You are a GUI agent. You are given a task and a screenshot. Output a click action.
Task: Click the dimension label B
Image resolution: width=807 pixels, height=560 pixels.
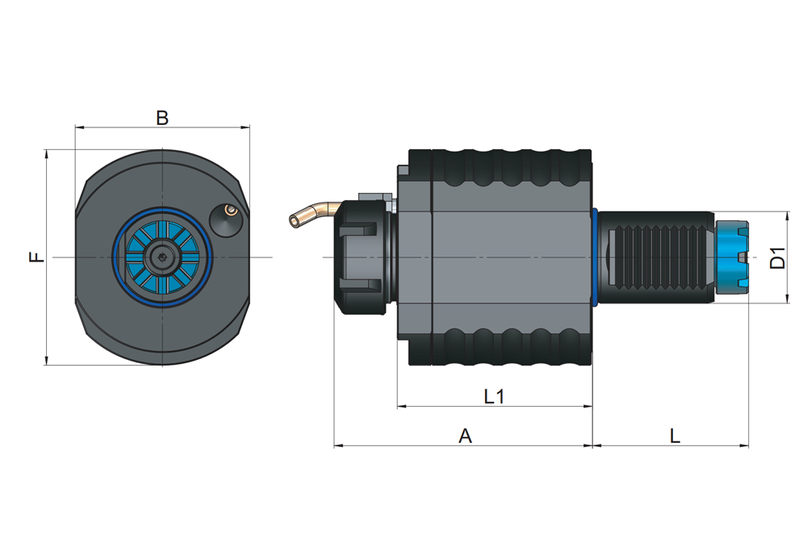pyautogui.click(x=162, y=118)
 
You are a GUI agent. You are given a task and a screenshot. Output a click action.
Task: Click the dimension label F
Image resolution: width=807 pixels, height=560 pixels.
pyautogui.click(x=36, y=257)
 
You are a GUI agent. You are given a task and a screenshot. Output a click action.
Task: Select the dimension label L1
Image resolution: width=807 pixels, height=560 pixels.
pyautogui.click(x=494, y=396)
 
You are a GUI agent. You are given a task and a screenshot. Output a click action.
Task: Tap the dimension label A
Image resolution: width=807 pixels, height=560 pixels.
pyautogui.click(x=465, y=436)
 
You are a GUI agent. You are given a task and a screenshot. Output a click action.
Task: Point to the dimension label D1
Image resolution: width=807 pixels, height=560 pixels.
pyautogui.click(x=777, y=257)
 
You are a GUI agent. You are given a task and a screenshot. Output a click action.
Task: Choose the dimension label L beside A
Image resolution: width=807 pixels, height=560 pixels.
pyautogui.click(x=675, y=436)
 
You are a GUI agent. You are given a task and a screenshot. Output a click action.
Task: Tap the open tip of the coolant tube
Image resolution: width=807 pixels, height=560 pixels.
pyautogui.click(x=294, y=221)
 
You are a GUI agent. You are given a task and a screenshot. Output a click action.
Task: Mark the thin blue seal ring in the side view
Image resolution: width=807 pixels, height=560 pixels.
pyautogui.click(x=595, y=257)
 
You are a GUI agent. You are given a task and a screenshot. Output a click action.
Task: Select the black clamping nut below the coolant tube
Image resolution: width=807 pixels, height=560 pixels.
pyautogui.click(x=363, y=257)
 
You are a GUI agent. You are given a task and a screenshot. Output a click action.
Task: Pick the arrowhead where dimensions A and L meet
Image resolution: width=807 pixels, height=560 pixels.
pyautogui.click(x=592, y=445)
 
